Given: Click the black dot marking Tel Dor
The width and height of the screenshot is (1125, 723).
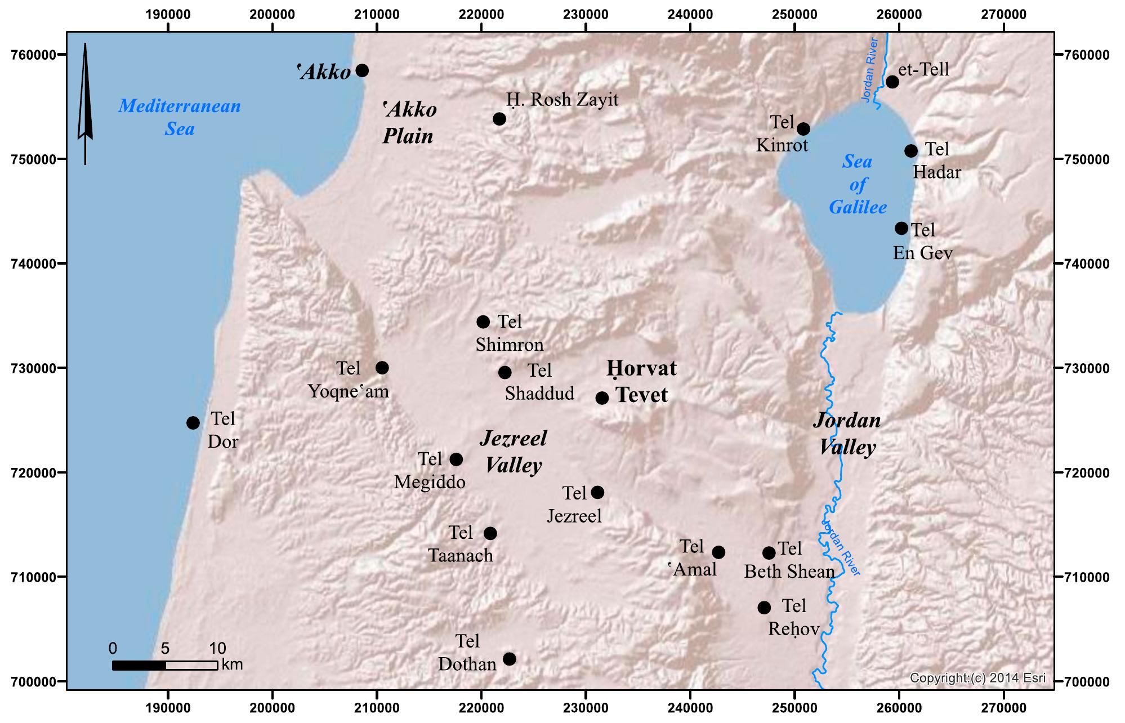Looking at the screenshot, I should coord(193,423).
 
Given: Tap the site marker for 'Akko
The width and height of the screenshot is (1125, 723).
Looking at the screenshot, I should coord(362,70).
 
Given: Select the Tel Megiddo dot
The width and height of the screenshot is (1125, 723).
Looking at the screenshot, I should coord(456,459).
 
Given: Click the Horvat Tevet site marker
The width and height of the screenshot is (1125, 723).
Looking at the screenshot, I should coord(602,398).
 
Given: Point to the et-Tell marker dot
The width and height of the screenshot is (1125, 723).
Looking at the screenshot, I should coord(892,82).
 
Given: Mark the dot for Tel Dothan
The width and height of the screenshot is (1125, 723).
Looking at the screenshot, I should coord(509,659).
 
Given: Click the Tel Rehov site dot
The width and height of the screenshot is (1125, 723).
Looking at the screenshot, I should coord(764,608).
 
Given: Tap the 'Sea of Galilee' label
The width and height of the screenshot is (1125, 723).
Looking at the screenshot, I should coord(858,185).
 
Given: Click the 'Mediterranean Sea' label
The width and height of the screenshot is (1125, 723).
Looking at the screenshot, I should coord(180,117).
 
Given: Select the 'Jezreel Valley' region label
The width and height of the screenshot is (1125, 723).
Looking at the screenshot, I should coord(513,452).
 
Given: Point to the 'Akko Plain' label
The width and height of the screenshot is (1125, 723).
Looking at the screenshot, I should coord(409,123).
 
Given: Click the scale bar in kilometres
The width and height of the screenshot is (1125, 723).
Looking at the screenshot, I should coord(165,666).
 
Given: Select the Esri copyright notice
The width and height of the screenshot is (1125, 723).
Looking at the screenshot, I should coord(977,678).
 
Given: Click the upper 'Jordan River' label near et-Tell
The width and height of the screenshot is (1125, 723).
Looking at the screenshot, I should coord(870,70).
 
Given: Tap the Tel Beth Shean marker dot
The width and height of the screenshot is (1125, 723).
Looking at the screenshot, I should coord(769,553).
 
